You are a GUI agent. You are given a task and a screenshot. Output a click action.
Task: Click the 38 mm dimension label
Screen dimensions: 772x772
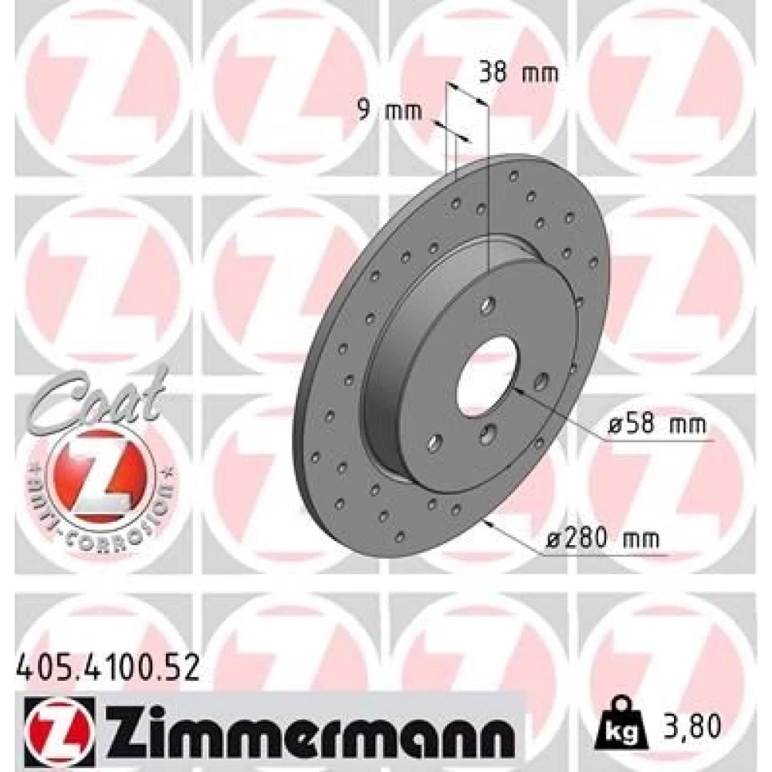pyautogui.click(x=520, y=73)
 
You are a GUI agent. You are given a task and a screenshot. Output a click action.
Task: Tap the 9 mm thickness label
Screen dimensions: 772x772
pyautogui.click(x=389, y=110)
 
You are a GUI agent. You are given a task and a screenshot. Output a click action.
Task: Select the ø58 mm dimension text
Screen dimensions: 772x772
pyautogui.click(x=657, y=425)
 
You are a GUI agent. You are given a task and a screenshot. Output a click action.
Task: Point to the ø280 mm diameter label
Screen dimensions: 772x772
pyautogui.click(x=603, y=539)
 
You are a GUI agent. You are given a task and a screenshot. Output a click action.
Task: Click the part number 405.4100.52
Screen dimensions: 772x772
pyautogui.click(x=108, y=668)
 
